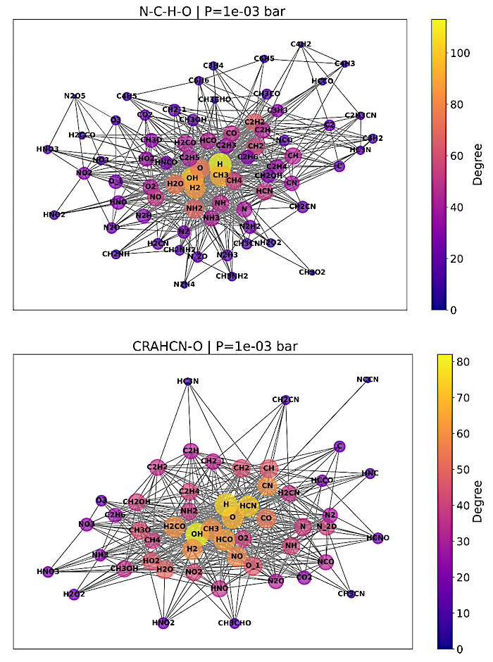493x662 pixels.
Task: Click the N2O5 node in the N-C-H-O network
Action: click(x=74, y=96)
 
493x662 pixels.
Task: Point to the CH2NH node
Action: click(x=116, y=254)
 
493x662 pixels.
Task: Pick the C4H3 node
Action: click(x=344, y=63)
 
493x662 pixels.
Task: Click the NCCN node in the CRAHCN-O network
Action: click(x=368, y=380)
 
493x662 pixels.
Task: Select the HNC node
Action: click(x=370, y=473)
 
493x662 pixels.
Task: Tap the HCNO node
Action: click(x=377, y=538)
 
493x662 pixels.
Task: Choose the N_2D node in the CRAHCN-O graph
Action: click(x=326, y=527)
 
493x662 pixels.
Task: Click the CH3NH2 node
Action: click(x=232, y=276)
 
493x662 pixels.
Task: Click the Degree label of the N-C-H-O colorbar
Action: click(x=478, y=165)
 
